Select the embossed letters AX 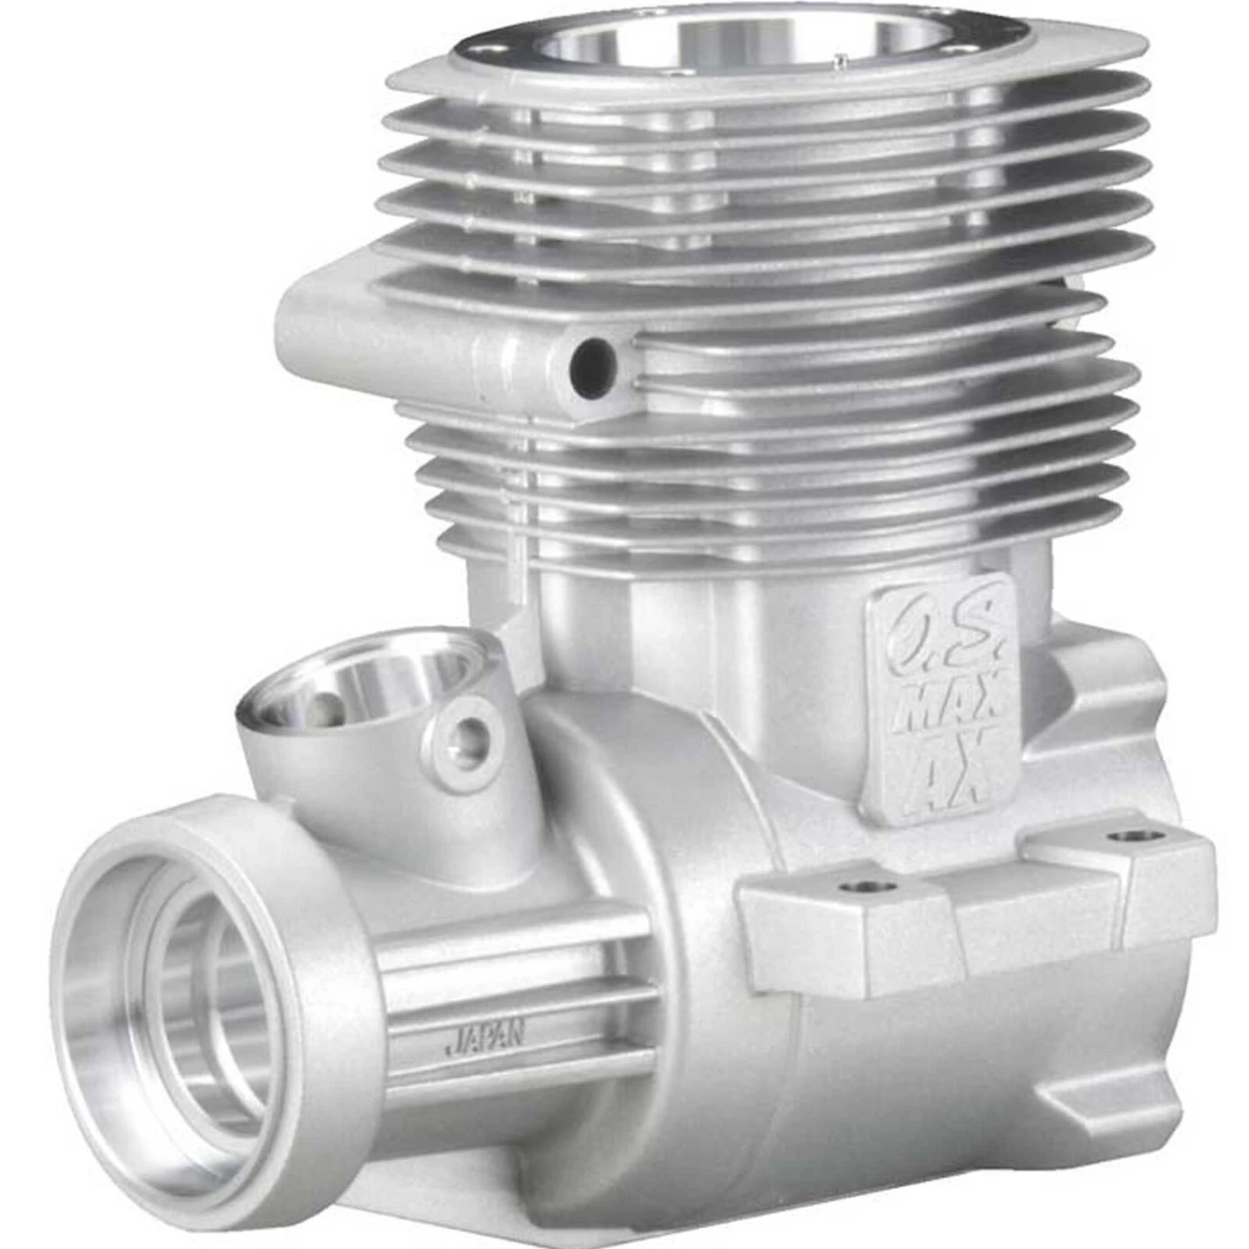point(949,770)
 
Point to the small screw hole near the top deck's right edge point(842,57)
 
